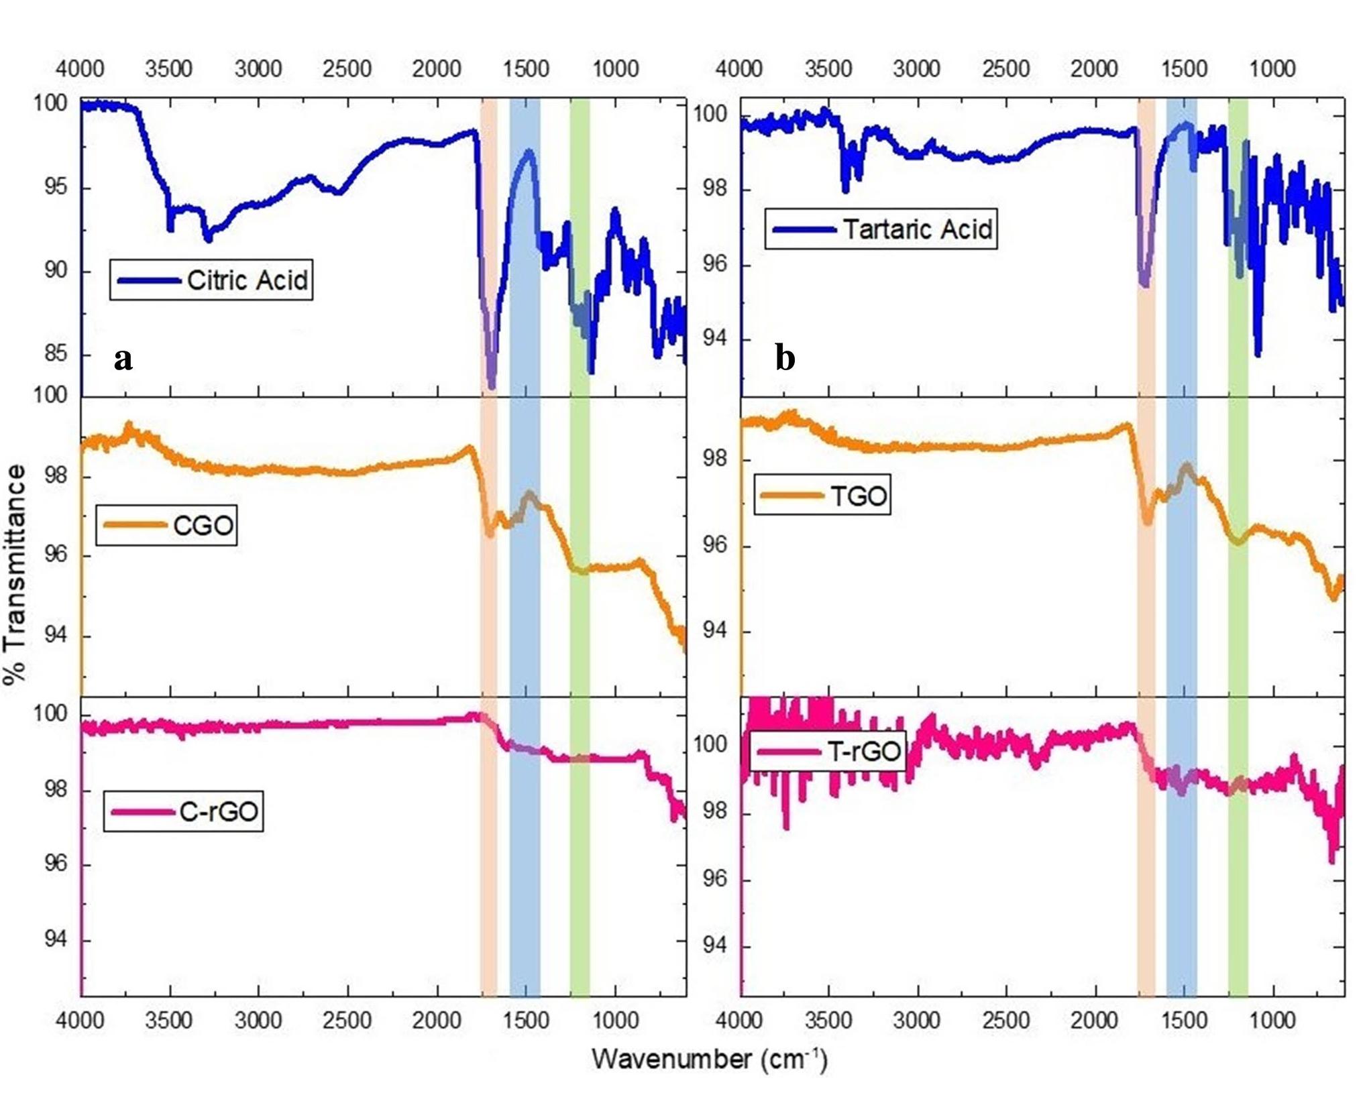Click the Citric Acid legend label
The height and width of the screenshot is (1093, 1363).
coord(247,280)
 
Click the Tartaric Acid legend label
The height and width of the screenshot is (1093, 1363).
coord(917,229)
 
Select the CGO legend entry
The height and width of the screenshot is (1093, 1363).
coord(203,525)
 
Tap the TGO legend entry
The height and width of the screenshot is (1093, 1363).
coord(858,496)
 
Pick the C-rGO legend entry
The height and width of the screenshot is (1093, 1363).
coord(218,812)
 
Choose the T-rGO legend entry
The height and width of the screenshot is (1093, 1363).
coord(863,751)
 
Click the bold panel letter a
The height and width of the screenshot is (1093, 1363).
coord(123,359)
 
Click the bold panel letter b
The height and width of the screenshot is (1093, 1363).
coord(785,359)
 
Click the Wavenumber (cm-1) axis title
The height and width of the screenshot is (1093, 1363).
coord(709,1059)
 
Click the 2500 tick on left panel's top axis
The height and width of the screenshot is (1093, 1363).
coord(347,68)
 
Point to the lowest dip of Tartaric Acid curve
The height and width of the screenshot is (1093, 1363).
coord(1258,353)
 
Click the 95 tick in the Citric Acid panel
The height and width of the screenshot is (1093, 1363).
coord(51,186)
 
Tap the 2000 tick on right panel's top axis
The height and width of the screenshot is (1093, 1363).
coord(1094,68)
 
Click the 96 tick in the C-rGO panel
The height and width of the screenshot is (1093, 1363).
coord(51,864)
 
